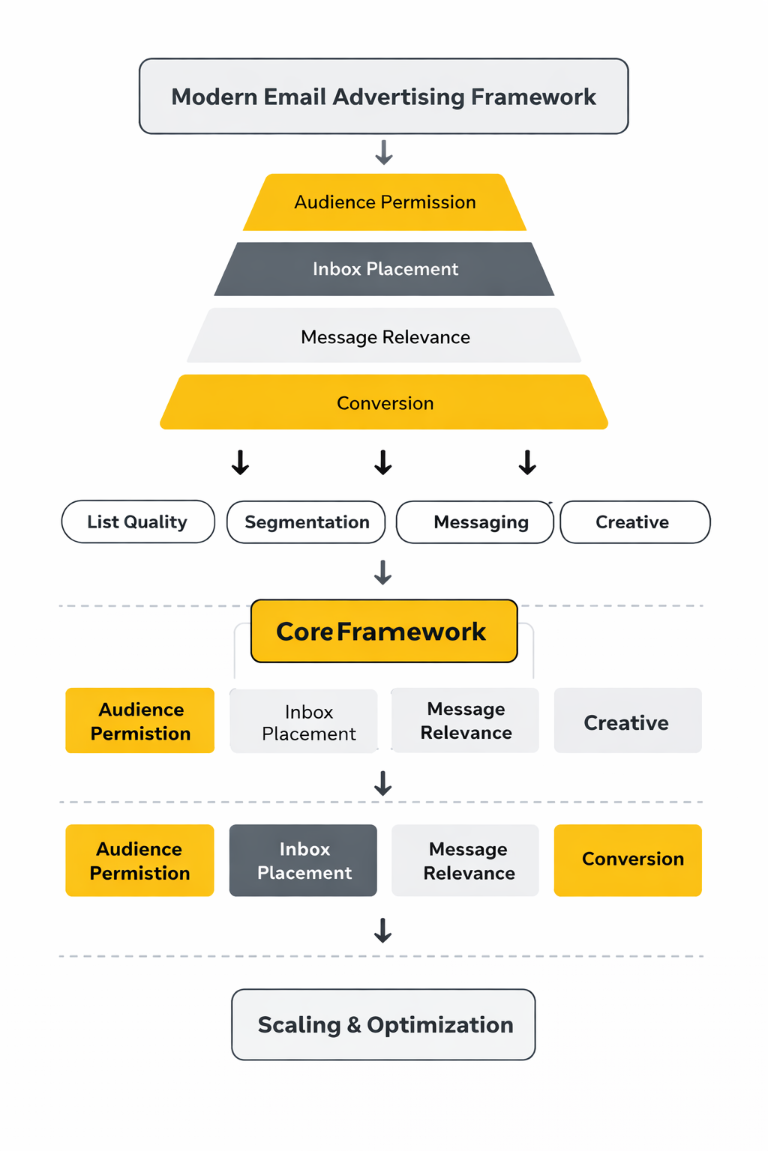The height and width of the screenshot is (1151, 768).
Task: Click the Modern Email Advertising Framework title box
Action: click(383, 97)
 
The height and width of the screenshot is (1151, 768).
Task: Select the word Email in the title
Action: click(293, 97)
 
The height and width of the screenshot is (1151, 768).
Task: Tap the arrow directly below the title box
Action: click(384, 152)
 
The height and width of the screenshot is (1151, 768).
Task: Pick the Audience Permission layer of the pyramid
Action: click(385, 202)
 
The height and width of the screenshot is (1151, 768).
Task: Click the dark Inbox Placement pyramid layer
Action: click(385, 269)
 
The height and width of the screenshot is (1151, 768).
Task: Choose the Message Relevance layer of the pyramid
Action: click(385, 337)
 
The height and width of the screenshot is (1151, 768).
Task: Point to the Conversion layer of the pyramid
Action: click(385, 403)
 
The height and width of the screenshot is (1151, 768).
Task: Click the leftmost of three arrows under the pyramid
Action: click(240, 462)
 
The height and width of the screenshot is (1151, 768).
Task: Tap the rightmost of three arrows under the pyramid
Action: click(527, 462)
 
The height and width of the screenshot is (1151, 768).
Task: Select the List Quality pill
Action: click(137, 522)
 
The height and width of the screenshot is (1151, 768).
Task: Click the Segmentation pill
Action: click(306, 522)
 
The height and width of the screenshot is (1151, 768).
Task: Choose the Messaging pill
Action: click(480, 522)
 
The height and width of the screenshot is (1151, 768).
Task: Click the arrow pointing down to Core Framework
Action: click(383, 573)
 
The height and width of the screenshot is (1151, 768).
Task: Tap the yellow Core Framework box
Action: click(383, 631)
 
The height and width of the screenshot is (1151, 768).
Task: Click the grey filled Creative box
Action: click(627, 722)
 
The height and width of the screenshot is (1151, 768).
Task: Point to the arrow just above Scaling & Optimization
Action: click(383, 931)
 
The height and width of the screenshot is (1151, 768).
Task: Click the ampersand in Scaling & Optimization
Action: click(354, 1025)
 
